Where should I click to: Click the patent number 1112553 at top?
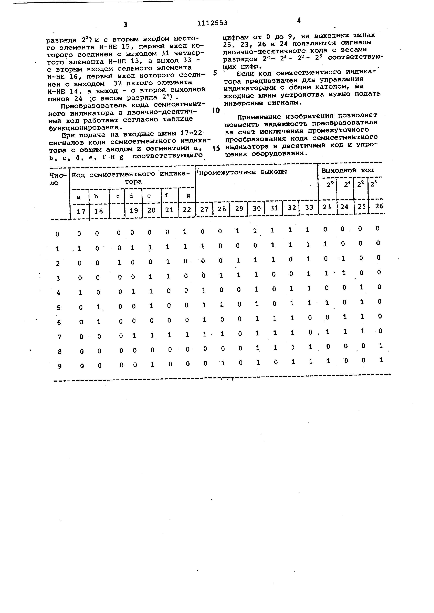point(212,23)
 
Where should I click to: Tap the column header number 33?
point(309,207)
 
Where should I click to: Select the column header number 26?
point(379,206)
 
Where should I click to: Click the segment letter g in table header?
point(188,195)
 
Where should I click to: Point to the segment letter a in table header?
point(79,197)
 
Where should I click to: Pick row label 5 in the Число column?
point(58,308)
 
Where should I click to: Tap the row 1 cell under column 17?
point(79,249)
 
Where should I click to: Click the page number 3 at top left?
point(125,25)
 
